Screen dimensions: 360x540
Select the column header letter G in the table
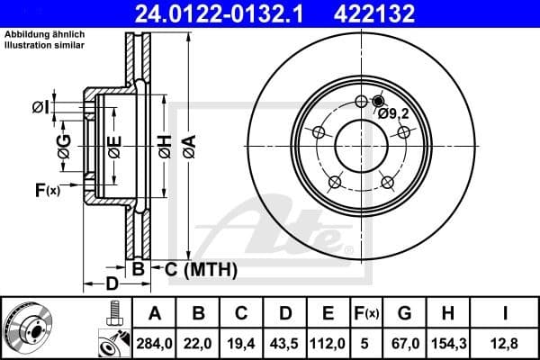pyautogui.click(x=404, y=313)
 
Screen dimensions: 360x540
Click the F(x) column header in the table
pyautogui.click(x=366, y=313)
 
